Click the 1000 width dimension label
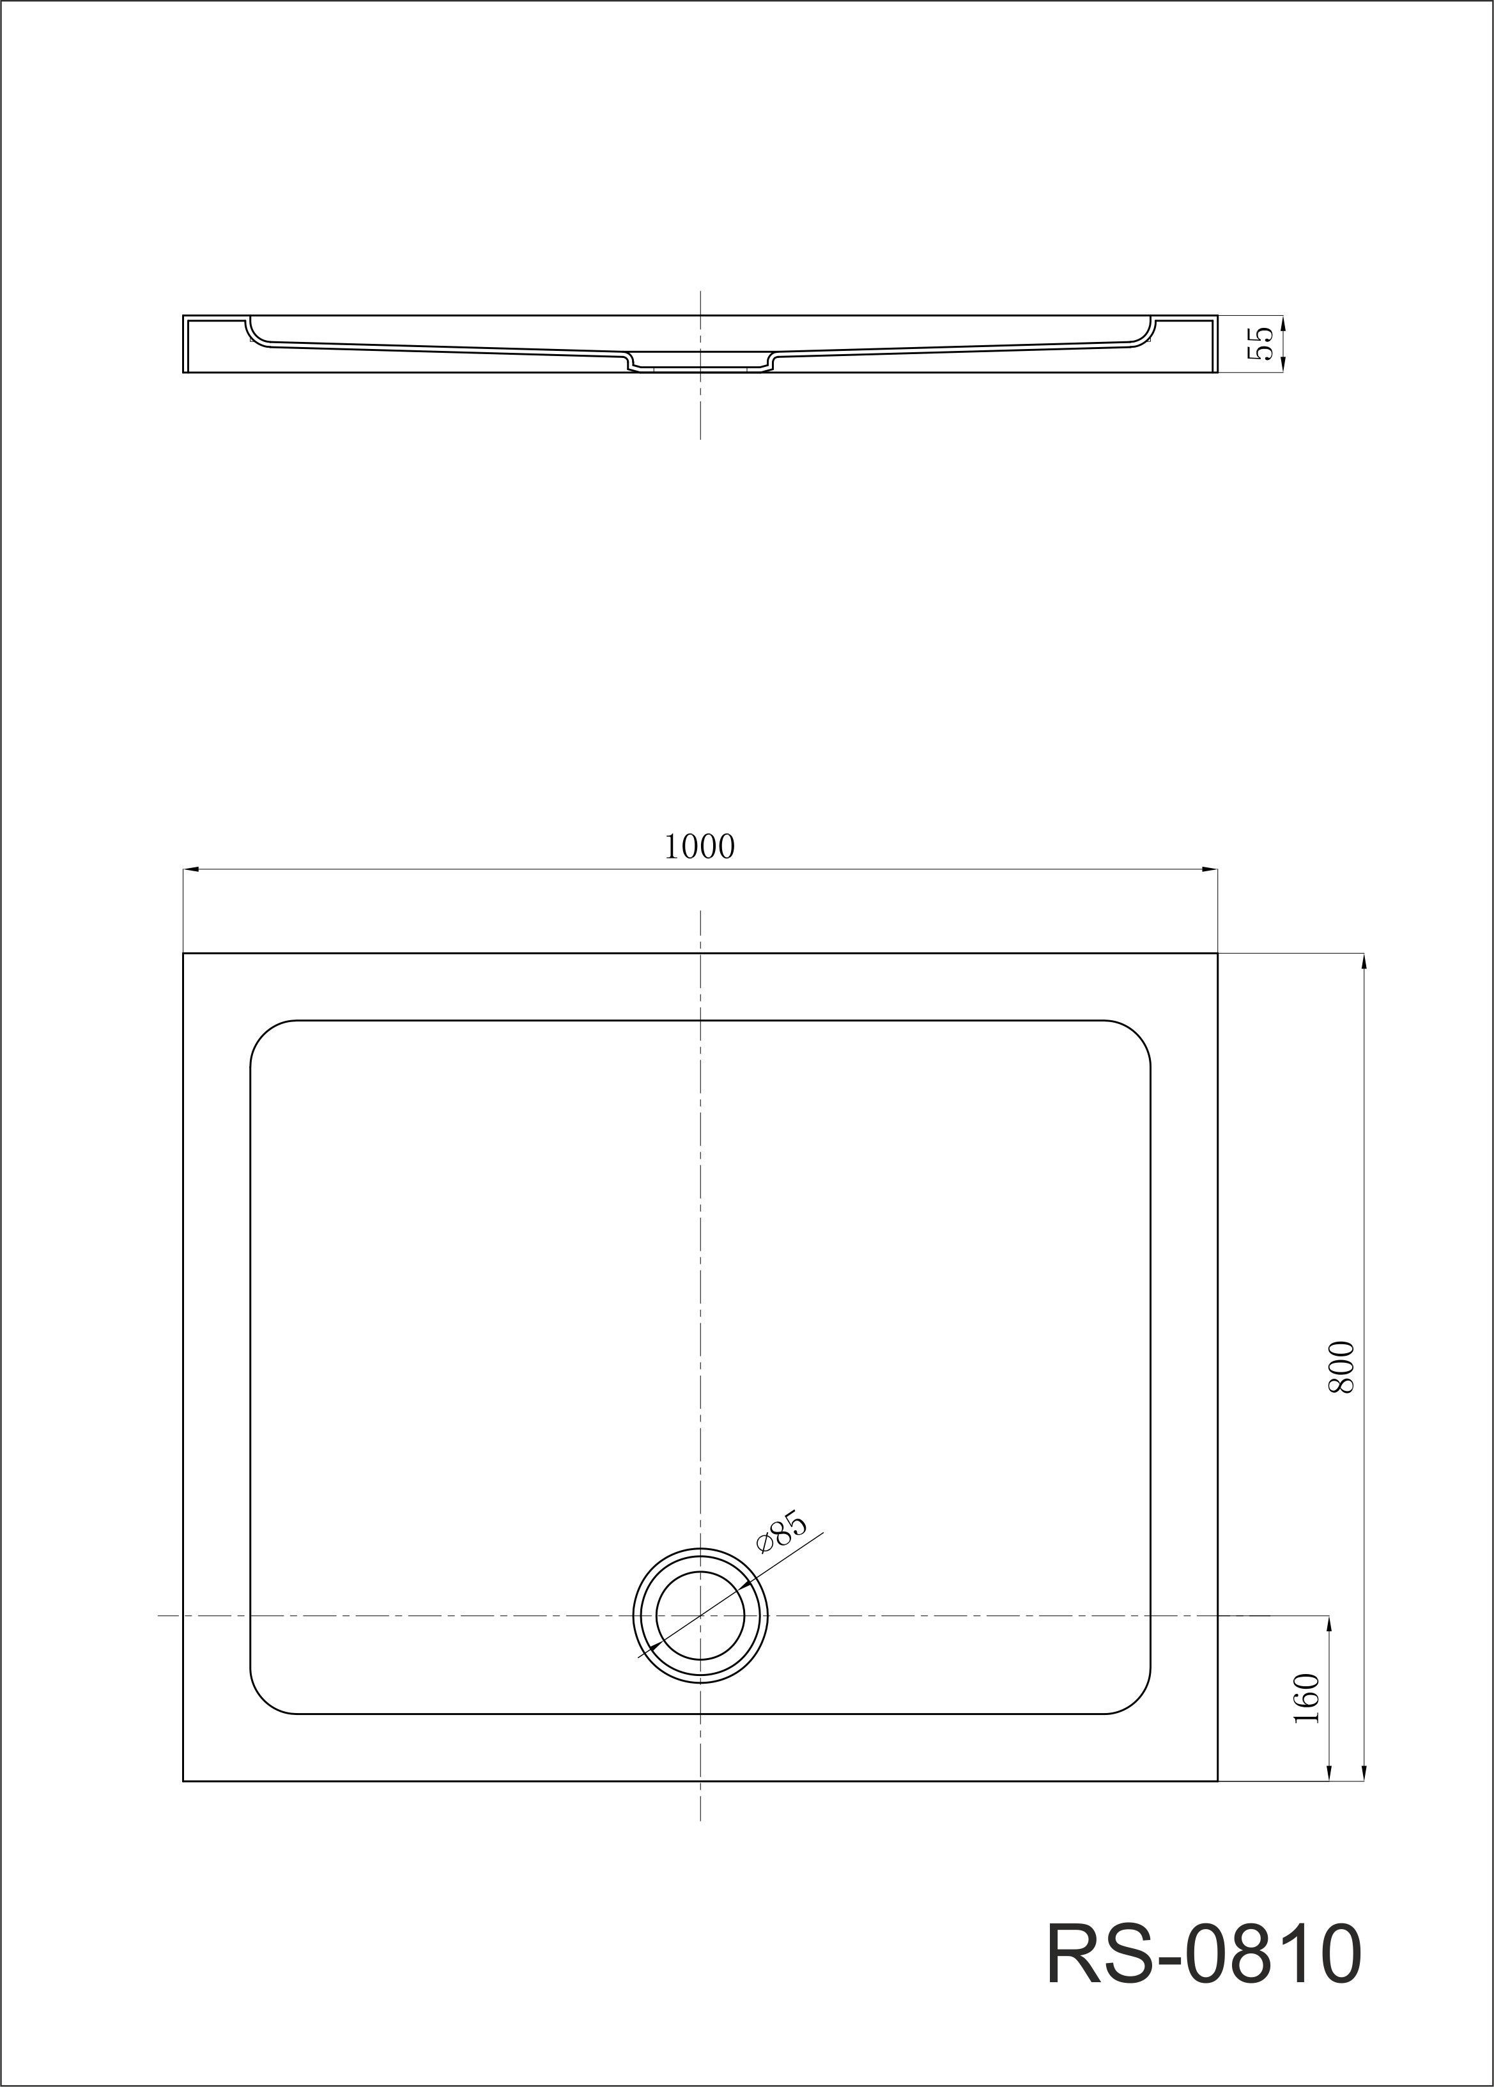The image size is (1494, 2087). point(700,846)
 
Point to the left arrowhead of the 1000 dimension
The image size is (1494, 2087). point(191,869)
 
